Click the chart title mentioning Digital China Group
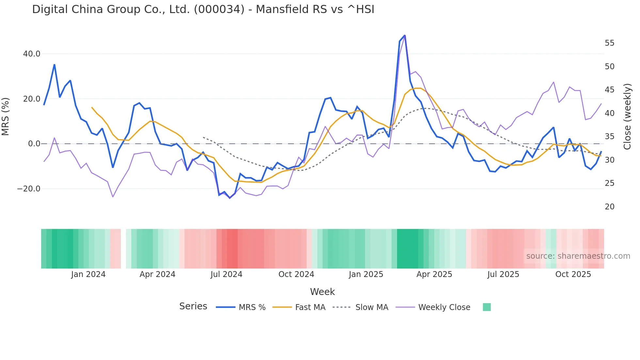[203, 9]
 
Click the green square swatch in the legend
[487, 307]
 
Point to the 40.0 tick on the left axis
[32, 54]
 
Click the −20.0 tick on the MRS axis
[29, 189]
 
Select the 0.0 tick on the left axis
[34, 144]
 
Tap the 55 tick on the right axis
[609, 43]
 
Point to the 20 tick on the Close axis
[609, 207]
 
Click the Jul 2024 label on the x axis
[226, 274]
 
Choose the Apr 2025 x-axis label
[434, 274]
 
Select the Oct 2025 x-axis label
[573, 274]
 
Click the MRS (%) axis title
[6, 117]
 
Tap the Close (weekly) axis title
[627, 117]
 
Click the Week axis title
[322, 292]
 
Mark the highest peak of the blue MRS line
[405, 36]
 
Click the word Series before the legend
[193, 306]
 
